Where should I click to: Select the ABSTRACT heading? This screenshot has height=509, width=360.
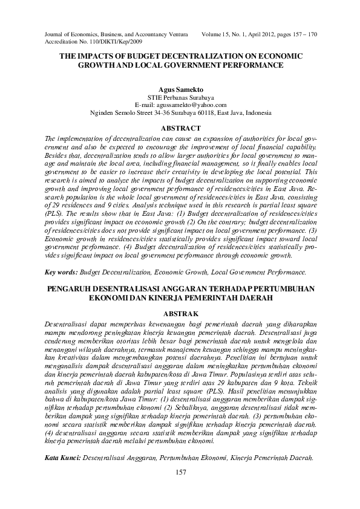[180, 128]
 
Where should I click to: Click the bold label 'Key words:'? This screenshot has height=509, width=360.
[61, 273]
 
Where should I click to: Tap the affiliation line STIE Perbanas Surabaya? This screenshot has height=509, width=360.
[180, 97]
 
